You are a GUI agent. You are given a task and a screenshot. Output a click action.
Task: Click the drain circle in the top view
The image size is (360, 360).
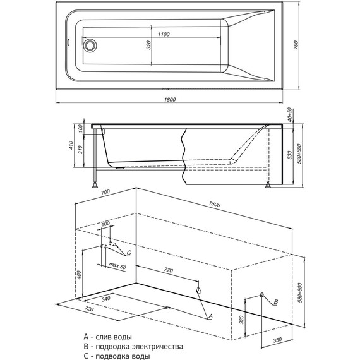pyautogui.click(x=90, y=45)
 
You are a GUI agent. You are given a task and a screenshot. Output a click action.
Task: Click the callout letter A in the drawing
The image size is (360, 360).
pyautogui.click(x=210, y=315)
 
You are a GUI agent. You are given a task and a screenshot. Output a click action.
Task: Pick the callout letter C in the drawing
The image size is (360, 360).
pyautogui.click(x=129, y=253)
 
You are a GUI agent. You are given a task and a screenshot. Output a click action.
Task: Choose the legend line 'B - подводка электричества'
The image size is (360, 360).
pyautogui.click(x=136, y=347)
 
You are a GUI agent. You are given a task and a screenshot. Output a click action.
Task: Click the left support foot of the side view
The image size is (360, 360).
pyautogui.click(x=95, y=186)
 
